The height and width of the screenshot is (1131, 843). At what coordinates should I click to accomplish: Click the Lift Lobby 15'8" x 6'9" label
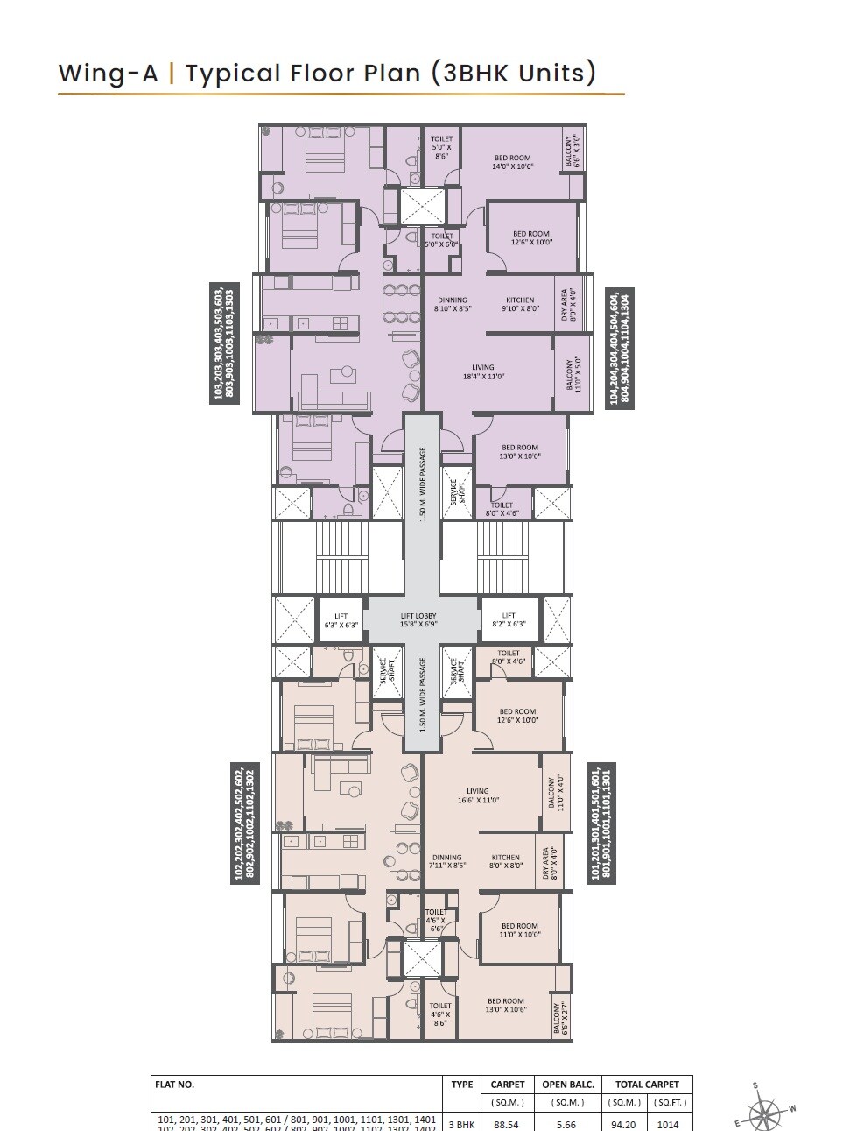418,620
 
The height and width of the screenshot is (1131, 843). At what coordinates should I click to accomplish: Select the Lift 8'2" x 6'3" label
509,620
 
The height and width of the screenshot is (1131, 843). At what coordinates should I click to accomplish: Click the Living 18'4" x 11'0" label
482,372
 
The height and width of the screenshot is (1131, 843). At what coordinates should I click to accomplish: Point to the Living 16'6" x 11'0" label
478,795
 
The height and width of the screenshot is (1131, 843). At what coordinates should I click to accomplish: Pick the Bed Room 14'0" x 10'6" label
512,163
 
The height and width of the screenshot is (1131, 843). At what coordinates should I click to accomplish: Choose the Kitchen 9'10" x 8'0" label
520,304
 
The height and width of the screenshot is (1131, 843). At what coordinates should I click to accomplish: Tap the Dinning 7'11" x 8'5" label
446,862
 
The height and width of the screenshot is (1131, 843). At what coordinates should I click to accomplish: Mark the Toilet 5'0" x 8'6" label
441,148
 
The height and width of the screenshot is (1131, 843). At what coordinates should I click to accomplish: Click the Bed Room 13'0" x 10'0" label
520,452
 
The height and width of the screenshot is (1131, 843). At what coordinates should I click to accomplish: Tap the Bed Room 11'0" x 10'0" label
519,930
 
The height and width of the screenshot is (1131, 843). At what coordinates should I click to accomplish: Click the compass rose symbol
764,1110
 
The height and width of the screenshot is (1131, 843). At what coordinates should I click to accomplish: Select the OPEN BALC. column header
568,1085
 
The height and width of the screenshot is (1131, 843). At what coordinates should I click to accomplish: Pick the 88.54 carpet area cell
508,1124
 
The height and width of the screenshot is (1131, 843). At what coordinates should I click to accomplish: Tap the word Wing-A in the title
109,74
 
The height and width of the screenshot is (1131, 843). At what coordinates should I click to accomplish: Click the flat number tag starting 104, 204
620,348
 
